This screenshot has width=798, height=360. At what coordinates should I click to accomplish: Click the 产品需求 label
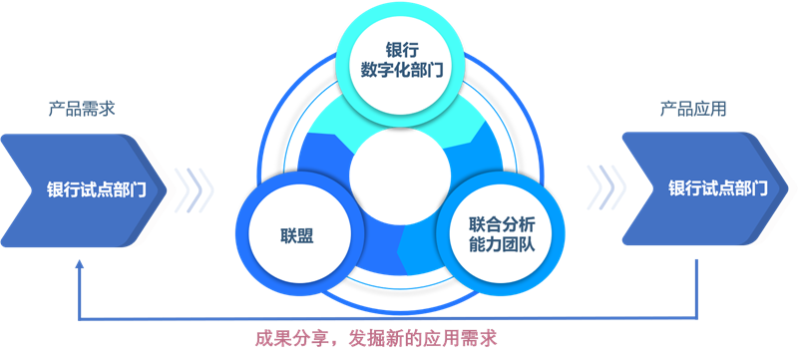click(82, 109)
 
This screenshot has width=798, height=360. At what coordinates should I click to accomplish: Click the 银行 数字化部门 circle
click(399, 61)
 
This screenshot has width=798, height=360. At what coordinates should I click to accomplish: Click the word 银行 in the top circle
click(399, 49)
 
